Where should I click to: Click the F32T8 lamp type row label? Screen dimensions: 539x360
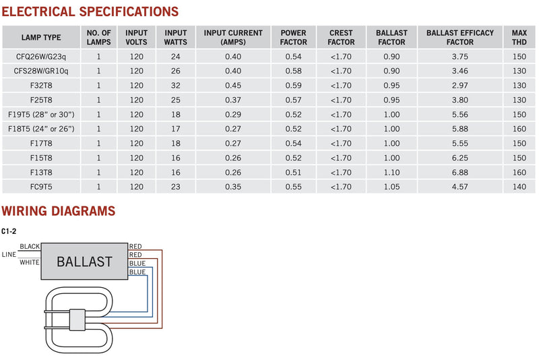[41, 85]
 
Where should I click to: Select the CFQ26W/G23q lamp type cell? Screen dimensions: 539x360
[41, 57]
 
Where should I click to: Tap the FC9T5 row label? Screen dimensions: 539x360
[41, 187]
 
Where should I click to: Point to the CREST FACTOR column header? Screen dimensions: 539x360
[341, 38]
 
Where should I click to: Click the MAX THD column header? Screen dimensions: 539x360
[519, 38]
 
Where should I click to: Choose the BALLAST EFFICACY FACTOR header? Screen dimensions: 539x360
[460, 38]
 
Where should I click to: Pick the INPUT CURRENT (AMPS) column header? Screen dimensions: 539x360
[233, 38]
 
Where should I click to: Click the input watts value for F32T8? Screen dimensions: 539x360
[176, 85]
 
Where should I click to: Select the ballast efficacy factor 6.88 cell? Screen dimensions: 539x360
[460, 173]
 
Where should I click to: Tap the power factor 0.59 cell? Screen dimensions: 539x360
[293, 85]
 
